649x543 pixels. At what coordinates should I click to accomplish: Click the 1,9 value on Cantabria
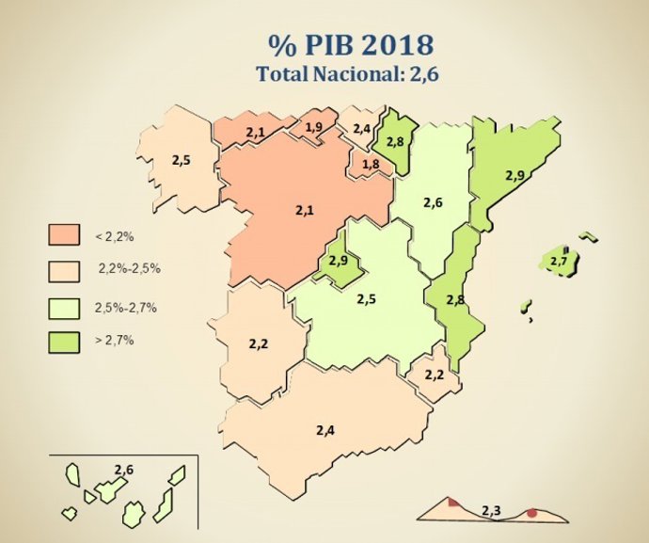pos(313,127)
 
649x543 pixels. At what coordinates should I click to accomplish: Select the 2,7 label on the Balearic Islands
pos(559,260)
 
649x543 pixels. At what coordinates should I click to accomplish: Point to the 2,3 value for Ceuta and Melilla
pos(491,511)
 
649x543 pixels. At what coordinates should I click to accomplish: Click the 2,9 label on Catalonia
pos(514,175)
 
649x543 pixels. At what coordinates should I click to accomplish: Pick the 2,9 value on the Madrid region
pos(339,261)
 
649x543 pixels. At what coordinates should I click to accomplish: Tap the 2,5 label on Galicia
pos(181,160)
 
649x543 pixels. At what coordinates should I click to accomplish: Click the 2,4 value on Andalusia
pos(325,429)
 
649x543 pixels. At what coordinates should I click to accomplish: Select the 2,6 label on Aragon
pos(432,202)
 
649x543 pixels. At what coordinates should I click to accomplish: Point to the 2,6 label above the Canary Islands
pos(123,469)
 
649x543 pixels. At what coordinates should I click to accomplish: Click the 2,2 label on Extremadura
pos(259,344)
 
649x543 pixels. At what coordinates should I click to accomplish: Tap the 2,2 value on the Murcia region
pos(434,374)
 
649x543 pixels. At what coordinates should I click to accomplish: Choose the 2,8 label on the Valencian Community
pos(455,299)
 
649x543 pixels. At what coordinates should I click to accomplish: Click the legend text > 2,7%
pos(115,340)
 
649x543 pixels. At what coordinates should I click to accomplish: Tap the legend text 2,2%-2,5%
pos(129,269)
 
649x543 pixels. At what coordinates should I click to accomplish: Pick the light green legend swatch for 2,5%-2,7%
pos(64,306)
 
